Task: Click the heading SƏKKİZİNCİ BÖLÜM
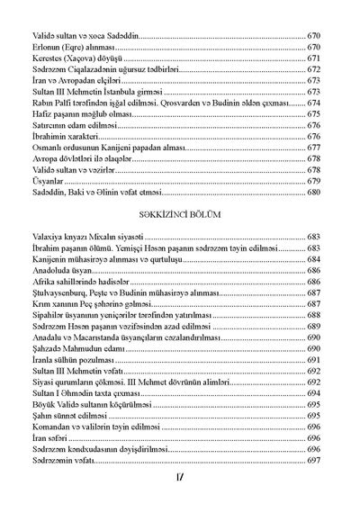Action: [180, 215]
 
